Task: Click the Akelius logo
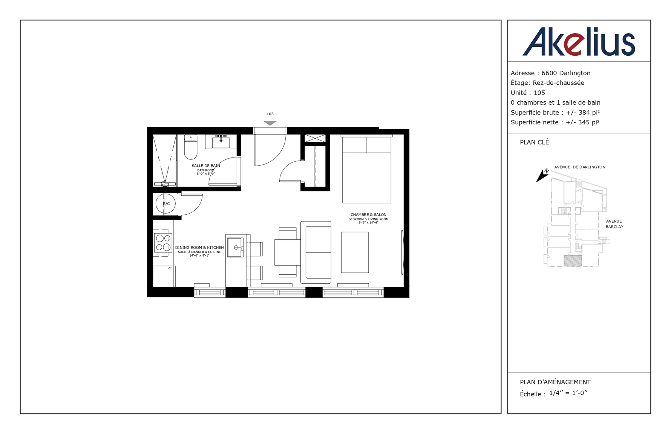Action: [x=579, y=42]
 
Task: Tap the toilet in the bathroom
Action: [x=191, y=147]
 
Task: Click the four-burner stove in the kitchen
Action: [x=163, y=243]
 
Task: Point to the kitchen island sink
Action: [x=235, y=248]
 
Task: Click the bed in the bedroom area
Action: [x=366, y=170]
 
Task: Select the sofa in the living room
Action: [x=316, y=252]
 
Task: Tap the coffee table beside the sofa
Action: [x=355, y=252]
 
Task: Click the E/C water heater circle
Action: [x=166, y=204]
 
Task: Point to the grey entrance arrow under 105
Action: [x=270, y=123]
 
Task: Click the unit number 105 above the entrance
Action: [x=270, y=114]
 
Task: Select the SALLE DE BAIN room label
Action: [x=206, y=166]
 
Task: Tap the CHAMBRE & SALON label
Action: [x=368, y=215]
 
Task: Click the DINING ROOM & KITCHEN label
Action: [x=199, y=248]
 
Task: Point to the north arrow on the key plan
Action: [x=542, y=175]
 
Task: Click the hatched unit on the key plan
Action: [x=573, y=260]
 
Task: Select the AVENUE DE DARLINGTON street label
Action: [x=580, y=167]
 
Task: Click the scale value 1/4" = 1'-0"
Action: [x=568, y=393]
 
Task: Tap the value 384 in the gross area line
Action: [x=584, y=112]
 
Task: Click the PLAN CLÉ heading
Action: [x=534, y=142]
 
